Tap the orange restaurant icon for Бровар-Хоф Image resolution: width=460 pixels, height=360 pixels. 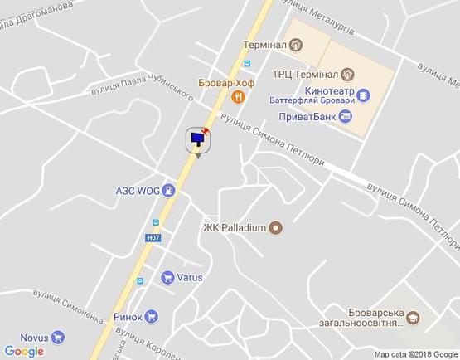pos(239,96)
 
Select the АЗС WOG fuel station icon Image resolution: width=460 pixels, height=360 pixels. pos(169,190)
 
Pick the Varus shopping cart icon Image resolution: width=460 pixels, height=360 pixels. pos(167,278)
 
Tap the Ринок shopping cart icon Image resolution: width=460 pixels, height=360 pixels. pos(150,315)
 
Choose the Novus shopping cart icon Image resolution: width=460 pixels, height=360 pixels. pos(57,337)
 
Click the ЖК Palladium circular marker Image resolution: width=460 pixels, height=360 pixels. pos(276,226)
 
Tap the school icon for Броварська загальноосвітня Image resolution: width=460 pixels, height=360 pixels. pos(412,318)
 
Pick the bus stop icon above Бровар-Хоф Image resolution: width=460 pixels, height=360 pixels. pos(246,64)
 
